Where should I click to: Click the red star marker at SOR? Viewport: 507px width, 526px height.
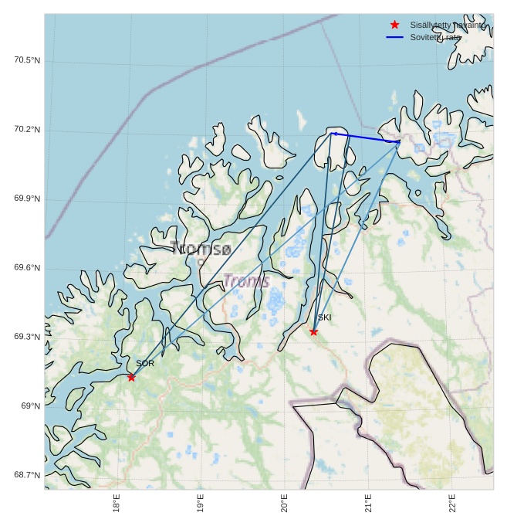coord(131,377)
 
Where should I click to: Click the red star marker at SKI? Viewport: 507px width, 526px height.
coord(313,331)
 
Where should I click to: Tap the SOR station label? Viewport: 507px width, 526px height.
coord(145,363)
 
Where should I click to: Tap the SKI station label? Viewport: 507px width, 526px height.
coord(324,317)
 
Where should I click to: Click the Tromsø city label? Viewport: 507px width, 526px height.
coord(201,249)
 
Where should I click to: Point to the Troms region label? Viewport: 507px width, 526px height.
coord(246,281)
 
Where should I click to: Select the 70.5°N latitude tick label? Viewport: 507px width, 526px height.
coord(27,60)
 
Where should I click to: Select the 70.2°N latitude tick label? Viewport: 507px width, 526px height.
coord(27,130)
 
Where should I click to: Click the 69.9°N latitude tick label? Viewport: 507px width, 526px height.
coord(27,199)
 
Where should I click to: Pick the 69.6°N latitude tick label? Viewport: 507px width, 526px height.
coord(27,268)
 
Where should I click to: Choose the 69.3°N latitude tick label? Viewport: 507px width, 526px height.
coord(27,337)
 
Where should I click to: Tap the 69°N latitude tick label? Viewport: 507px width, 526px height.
coord(30,406)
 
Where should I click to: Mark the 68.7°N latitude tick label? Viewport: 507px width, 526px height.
coord(27,475)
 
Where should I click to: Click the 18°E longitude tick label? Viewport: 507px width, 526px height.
coord(117,503)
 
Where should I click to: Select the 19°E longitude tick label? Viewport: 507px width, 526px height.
coord(201,503)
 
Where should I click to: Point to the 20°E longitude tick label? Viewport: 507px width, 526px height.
coord(285,503)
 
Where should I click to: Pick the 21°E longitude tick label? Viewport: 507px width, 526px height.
coord(368,503)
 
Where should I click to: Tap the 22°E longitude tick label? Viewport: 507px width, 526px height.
coord(452,503)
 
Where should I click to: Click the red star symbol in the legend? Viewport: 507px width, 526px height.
coord(395,25)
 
